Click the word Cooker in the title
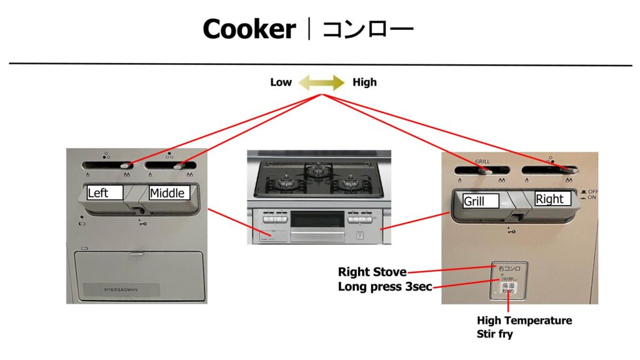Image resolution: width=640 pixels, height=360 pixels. [x=249, y=29]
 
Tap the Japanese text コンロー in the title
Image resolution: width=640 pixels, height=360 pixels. [x=367, y=29]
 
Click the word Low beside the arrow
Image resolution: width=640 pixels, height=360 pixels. [x=281, y=82]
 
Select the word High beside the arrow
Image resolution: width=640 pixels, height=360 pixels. [x=364, y=82]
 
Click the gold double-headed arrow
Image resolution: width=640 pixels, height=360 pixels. [x=321, y=82]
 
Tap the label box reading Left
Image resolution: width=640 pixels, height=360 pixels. [x=105, y=193]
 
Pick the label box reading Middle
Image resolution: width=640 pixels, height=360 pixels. [x=167, y=193]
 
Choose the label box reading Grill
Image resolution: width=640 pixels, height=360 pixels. [x=481, y=201]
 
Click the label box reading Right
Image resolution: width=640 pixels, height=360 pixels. [x=552, y=199]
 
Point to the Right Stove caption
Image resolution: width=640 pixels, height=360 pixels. [x=372, y=272]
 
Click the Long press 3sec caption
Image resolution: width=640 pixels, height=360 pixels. [x=385, y=287]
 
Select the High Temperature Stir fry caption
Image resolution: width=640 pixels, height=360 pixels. [x=524, y=327]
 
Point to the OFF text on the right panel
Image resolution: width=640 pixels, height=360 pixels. [x=593, y=191]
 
